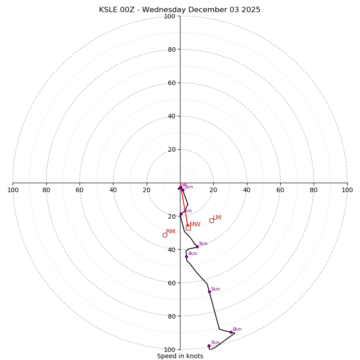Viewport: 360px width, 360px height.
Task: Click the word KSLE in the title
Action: tap(109, 10)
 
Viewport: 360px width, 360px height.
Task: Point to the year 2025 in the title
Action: tap(250, 10)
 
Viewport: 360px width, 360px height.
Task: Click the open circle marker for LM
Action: tap(211, 220)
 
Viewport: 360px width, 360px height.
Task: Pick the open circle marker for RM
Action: tap(165, 235)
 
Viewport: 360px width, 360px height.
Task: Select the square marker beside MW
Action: tap(188, 228)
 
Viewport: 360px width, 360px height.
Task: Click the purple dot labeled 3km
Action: tap(197, 247)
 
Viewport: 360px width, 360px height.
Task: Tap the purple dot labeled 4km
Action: tap(186, 256)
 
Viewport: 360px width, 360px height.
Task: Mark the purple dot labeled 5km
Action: tap(209, 292)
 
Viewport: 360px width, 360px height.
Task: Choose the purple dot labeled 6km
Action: tap(231, 332)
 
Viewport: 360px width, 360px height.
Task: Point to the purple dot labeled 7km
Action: tap(209, 346)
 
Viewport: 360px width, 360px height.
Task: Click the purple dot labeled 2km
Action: tap(181, 214)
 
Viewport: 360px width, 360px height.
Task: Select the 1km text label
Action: tap(189, 187)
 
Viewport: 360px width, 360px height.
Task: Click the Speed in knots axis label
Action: tap(180, 356)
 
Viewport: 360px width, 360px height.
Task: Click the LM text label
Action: tap(217, 217)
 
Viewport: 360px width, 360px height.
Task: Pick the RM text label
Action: tap(171, 231)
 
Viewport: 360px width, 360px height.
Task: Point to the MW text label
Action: tap(195, 225)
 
